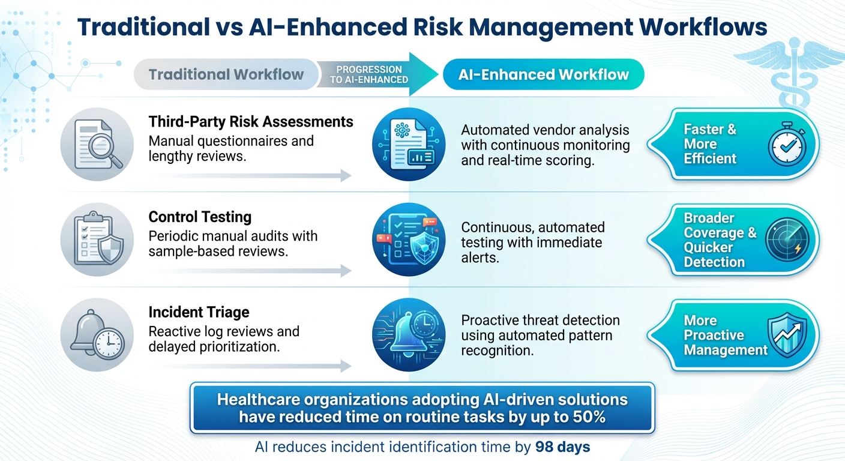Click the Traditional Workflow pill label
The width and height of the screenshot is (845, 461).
226,75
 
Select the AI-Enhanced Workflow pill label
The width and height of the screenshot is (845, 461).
543,75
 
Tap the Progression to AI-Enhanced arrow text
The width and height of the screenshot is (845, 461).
369,74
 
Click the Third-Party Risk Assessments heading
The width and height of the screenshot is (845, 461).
251,122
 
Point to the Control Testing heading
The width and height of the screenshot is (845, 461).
200,217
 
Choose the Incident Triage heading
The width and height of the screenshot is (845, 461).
199,312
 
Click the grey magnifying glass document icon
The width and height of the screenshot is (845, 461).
97,145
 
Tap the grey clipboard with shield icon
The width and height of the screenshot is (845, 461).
97,240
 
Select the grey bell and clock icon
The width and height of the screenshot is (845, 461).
97,335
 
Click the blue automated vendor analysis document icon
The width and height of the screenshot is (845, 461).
408,145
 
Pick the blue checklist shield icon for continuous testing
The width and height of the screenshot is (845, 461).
408,240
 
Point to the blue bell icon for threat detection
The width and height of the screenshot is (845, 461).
408,335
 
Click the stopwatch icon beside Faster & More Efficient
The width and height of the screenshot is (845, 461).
787,145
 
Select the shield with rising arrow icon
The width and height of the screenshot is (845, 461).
787,335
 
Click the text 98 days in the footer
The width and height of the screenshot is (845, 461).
562,447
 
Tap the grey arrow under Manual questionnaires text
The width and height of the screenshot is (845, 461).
250,176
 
